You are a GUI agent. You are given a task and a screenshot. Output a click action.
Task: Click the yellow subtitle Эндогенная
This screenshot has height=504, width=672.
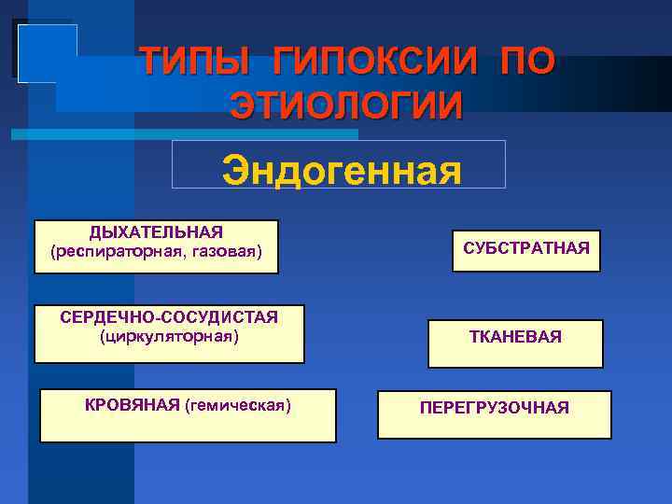pos(341,171)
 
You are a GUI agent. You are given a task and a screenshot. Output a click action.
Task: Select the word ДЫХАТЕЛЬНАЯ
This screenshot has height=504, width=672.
pos(156,232)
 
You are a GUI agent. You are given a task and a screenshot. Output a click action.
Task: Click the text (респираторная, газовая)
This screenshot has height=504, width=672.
pos(156,251)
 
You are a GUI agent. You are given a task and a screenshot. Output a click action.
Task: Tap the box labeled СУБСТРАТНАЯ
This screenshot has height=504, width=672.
pos(526,250)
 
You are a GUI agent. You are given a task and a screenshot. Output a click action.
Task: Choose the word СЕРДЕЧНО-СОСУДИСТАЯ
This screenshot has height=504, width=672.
pos(169,317)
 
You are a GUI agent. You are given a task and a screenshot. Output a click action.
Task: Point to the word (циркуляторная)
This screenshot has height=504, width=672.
pos(169,336)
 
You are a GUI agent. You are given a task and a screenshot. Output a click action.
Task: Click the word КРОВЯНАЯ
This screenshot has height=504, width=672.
pos(132,404)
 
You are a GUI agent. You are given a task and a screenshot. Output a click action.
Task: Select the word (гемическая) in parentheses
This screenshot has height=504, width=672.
pos(238,404)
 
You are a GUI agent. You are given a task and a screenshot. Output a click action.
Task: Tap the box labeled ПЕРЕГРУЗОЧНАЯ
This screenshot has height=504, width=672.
pos(495,409)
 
